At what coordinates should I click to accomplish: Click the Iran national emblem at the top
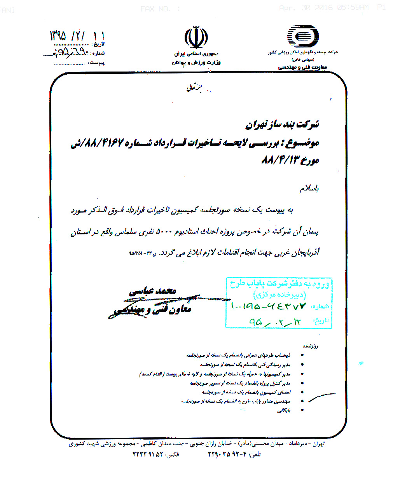click(196, 38)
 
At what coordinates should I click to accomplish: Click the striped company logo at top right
click(302, 37)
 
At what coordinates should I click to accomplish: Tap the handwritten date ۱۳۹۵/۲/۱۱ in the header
click(77, 36)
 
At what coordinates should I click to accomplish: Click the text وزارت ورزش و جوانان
click(196, 63)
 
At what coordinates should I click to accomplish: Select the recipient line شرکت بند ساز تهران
click(282, 124)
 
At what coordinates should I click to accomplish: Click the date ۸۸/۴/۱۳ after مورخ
click(279, 160)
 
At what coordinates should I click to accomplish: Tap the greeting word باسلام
click(309, 189)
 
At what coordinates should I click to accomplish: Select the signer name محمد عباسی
click(153, 291)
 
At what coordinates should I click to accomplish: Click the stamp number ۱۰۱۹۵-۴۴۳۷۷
click(268, 306)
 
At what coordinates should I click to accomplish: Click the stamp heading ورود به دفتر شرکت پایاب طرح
click(279, 284)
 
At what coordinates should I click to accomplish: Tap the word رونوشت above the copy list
click(311, 346)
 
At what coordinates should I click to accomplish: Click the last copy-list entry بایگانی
click(284, 410)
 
